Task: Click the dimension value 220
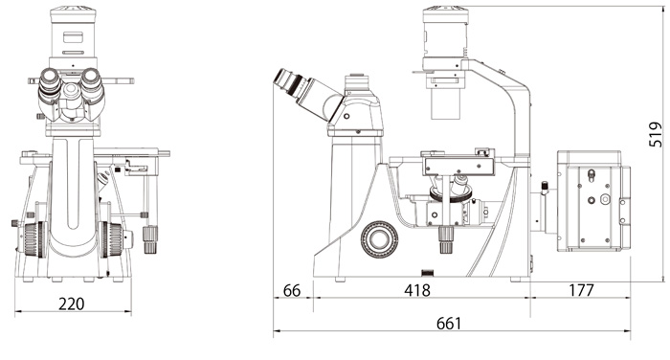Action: pos(72,304)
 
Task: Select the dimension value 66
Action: pos(292,291)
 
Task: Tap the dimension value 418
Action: pos(417,290)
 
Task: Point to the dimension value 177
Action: pos(581,290)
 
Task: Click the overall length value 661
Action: pos(449,324)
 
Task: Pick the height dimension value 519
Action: pos(655,135)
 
